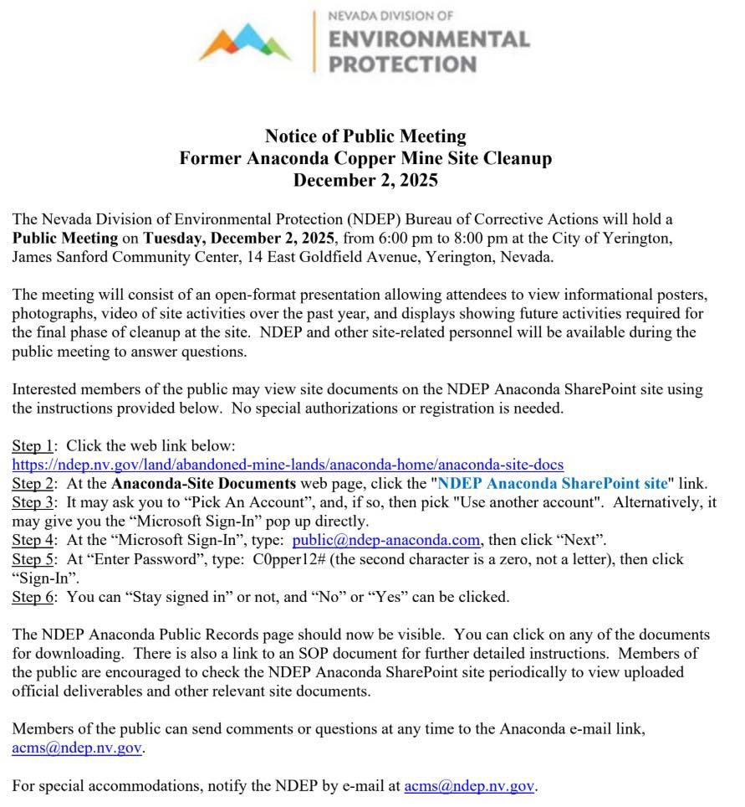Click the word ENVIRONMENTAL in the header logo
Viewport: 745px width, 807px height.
pyautogui.click(x=428, y=40)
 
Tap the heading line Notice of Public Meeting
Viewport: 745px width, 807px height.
pyautogui.click(x=365, y=136)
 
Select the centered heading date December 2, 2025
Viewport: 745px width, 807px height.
pyautogui.click(x=365, y=180)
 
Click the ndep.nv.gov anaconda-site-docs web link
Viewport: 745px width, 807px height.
pyautogui.click(x=288, y=464)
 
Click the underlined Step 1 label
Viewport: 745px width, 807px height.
pyautogui.click(x=32, y=445)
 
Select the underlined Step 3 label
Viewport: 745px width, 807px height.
pyautogui.click(x=32, y=502)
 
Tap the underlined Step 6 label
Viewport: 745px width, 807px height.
pyautogui.click(x=32, y=597)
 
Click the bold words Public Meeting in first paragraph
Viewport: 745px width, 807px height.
pyautogui.click(x=64, y=238)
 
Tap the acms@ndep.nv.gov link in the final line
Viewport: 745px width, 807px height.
pyautogui.click(x=468, y=786)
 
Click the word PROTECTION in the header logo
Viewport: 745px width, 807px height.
pyautogui.click(x=402, y=64)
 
